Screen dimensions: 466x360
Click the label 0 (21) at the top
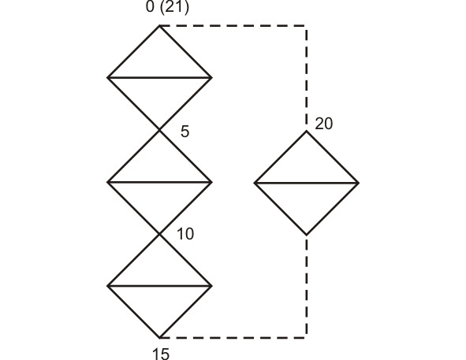[x=167, y=6]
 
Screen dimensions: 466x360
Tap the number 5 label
[x=185, y=132]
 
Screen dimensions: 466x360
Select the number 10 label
[x=185, y=234]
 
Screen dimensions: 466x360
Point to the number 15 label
[x=161, y=354]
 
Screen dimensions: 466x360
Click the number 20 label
[x=323, y=124]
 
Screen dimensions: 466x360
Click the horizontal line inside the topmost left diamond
[x=159, y=78]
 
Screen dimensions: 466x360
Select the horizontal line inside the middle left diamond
[x=159, y=182]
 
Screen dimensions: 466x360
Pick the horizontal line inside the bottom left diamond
[x=159, y=286]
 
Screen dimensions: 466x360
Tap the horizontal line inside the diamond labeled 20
[x=307, y=183]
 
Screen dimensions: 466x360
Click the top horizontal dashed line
[x=233, y=26]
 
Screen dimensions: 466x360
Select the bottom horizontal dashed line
[x=233, y=338]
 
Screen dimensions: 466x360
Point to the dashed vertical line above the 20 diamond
[x=307, y=78]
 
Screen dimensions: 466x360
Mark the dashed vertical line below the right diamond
[x=307, y=287]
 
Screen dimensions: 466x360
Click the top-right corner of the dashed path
[x=307, y=26]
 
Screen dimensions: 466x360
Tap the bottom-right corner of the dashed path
[x=307, y=338]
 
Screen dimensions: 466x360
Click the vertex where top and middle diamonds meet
[x=159, y=130]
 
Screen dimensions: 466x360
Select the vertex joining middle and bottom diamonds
[x=159, y=234]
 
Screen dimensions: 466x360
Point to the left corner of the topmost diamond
[x=107, y=78]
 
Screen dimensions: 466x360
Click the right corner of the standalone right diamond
[x=359, y=183]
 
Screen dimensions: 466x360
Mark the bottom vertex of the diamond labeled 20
[x=307, y=235]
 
